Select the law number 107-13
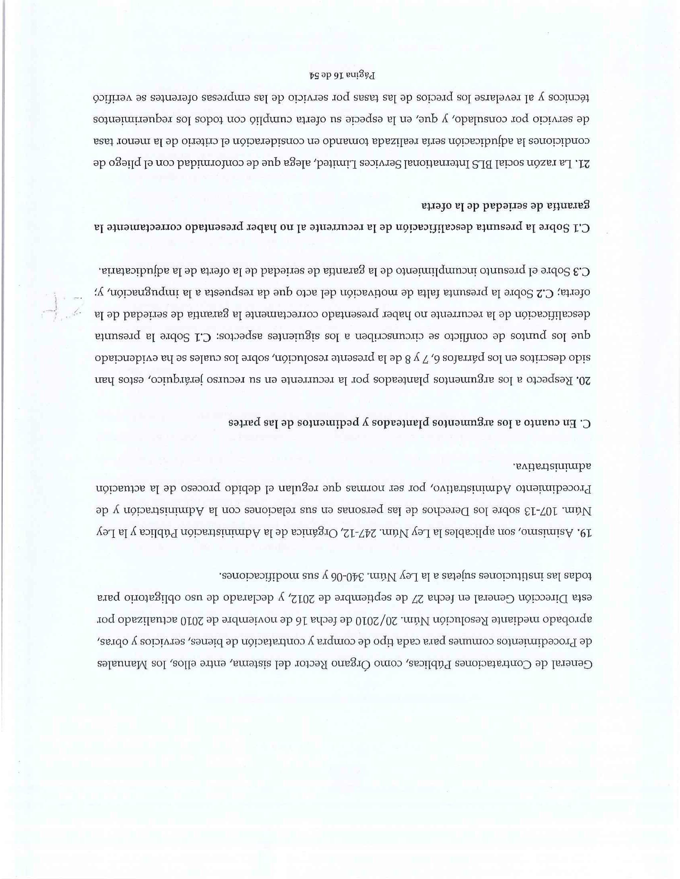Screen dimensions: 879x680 [x=536, y=511]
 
